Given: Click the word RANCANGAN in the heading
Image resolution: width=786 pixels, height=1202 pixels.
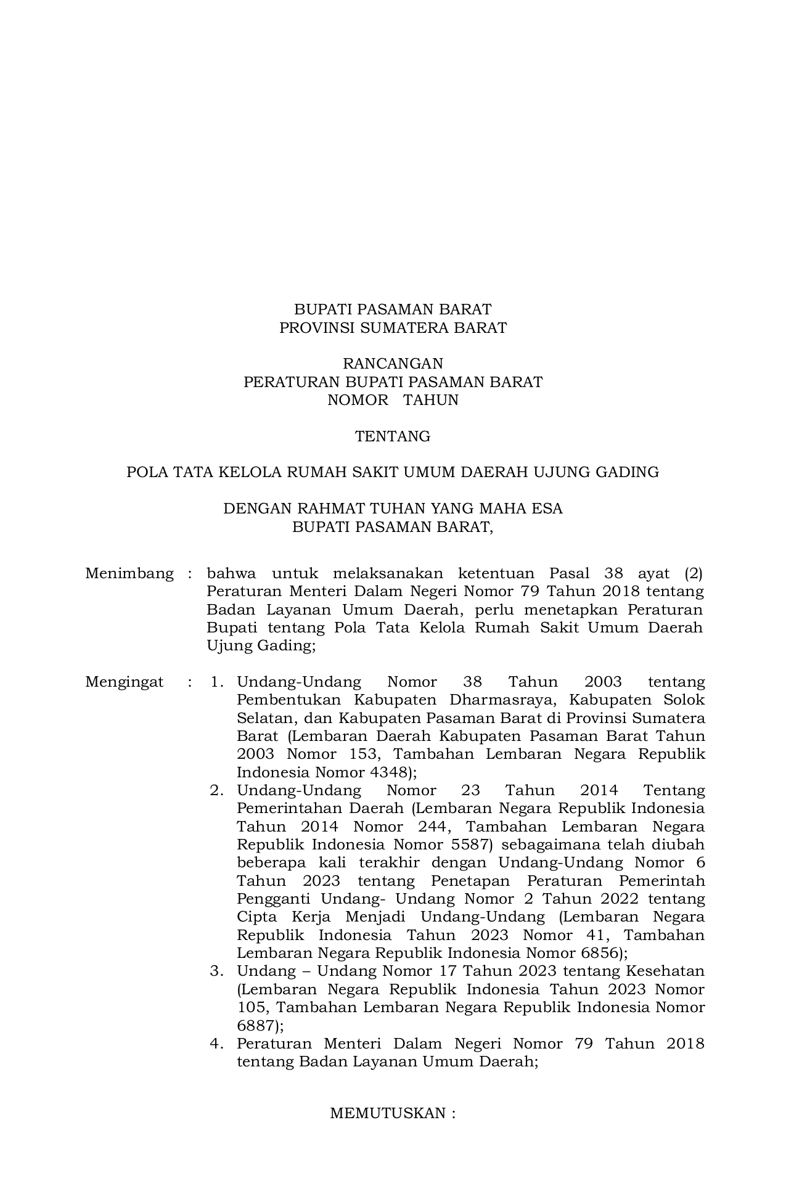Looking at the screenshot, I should (393, 364).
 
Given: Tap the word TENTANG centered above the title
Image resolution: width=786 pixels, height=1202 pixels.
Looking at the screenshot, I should (393, 436).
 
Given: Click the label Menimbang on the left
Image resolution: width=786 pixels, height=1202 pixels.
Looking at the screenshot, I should (129, 574).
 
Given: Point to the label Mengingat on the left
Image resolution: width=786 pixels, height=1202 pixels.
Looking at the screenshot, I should (125, 682).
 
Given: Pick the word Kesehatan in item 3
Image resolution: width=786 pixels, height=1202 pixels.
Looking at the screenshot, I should (665, 971).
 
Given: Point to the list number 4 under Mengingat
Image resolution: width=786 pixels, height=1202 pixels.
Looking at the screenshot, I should (216, 1044).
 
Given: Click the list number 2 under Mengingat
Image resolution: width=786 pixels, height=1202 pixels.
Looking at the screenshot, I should (216, 791).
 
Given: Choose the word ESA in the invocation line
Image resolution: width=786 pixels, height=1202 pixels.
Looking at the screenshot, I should (549, 509).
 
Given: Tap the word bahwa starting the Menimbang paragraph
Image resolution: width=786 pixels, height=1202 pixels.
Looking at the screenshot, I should (231, 574).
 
